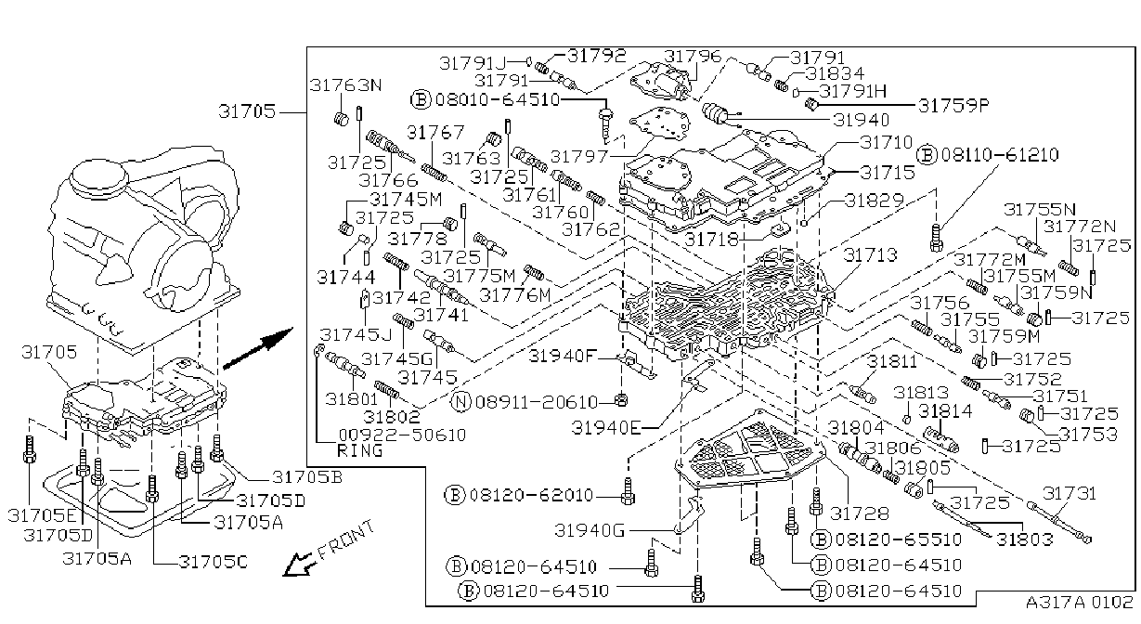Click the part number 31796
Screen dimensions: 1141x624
pyautogui.click(x=693, y=56)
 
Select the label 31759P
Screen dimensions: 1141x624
pyautogui.click(x=953, y=106)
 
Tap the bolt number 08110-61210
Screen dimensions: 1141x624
pyautogui.click(x=1000, y=154)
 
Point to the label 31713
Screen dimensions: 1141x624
pyautogui.click(x=870, y=254)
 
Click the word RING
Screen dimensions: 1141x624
pyautogui.click(x=360, y=450)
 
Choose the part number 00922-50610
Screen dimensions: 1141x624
pyautogui.click(x=402, y=435)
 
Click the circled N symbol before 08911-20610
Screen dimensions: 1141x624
pyautogui.click(x=461, y=402)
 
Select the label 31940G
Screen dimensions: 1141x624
pyautogui.click(x=590, y=531)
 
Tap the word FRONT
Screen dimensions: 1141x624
pyautogui.click(x=346, y=541)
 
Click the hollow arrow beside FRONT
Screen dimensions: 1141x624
pyautogui.click(x=300, y=565)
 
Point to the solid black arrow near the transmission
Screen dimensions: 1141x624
pyautogui.click(x=258, y=348)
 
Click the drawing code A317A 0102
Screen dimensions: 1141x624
pyautogui.click(x=1079, y=602)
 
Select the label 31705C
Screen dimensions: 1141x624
pyautogui.click(x=213, y=562)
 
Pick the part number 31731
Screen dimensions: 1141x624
pyautogui.click(x=1070, y=493)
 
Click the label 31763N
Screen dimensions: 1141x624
pyautogui.click(x=346, y=84)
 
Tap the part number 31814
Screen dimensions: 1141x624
pyautogui.click(x=945, y=410)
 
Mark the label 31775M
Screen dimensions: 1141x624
pyautogui.click(x=479, y=276)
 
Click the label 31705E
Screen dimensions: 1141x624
pyautogui.click(x=42, y=515)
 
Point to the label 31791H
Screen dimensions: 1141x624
pyautogui.click(x=852, y=91)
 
